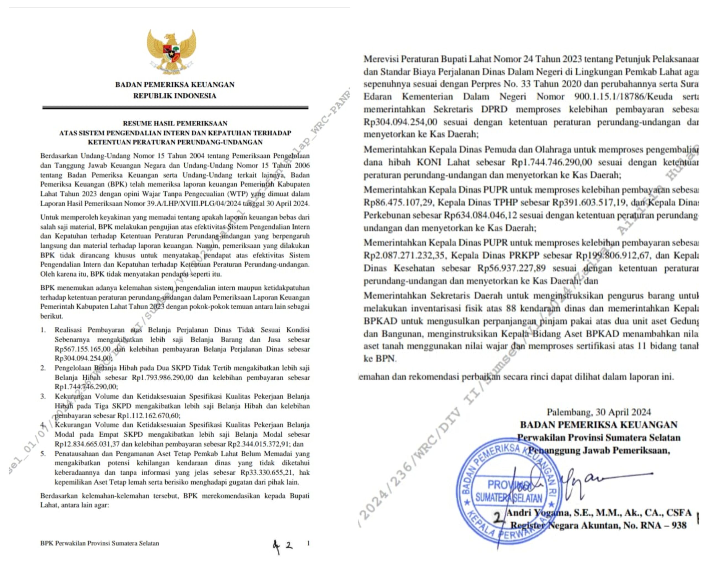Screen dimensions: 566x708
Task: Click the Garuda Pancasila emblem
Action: point(171,51)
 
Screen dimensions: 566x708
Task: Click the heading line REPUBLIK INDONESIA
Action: point(175,96)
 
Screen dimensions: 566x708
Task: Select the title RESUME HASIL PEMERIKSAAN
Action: point(175,123)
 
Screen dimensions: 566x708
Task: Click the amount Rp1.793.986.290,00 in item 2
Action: point(162,378)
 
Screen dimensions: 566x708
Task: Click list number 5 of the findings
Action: point(43,454)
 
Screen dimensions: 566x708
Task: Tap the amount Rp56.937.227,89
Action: point(511,268)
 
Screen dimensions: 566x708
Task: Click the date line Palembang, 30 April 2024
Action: point(598,412)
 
